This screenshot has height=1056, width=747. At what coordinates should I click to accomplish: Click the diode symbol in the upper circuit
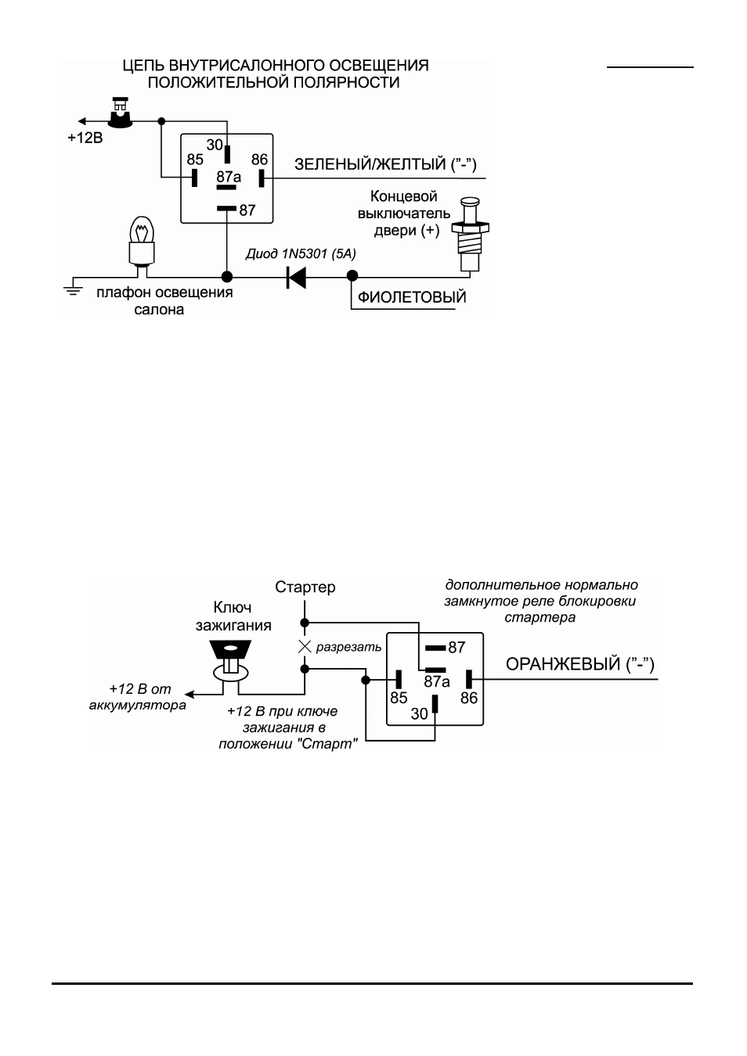tap(296, 277)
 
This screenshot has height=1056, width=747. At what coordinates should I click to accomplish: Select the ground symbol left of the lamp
tap(73, 290)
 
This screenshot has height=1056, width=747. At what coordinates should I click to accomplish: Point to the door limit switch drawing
tap(470, 235)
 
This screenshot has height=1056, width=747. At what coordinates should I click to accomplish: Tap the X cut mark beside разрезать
tap(305, 647)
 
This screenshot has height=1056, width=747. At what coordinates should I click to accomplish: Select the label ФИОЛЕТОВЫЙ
tap(412, 297)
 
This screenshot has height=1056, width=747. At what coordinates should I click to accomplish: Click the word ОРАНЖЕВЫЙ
tap(563, 664)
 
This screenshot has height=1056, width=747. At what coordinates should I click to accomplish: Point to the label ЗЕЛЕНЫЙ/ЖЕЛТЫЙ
tap(370, 164)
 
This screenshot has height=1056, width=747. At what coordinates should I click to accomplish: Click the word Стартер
tap(305, 587)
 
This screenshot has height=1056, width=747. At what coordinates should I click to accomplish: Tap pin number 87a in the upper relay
tap(229, 177)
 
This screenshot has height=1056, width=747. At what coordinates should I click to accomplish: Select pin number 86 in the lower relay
tap(469, 698)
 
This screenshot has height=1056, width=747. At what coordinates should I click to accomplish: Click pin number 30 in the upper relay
tap(215, 145)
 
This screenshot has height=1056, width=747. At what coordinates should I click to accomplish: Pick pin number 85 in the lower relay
tap(399, 698)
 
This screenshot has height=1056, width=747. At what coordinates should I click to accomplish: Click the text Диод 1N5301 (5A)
tap(301, 254)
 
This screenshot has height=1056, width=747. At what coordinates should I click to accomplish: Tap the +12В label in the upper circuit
tap(85, 138)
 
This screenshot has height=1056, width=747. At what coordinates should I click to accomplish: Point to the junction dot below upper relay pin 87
tap(227, 276)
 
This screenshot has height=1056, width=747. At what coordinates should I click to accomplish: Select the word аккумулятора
tap(137, 706)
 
